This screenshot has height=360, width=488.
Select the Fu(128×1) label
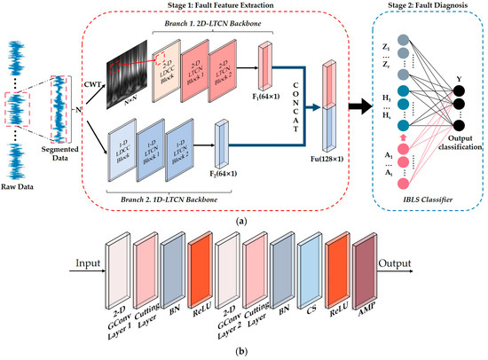pyautogui.click(x=329, y=168)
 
